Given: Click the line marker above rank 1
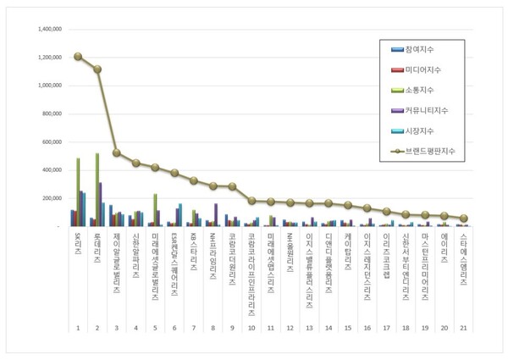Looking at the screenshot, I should pyautogui.click(x=78, y=57).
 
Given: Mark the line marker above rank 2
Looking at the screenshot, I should pyautogui.click(x=97, y=69).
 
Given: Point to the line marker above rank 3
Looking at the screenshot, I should pyautogui.click(x=117, y=153).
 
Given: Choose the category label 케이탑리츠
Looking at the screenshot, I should pyautogui.click(x=348, y=254).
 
